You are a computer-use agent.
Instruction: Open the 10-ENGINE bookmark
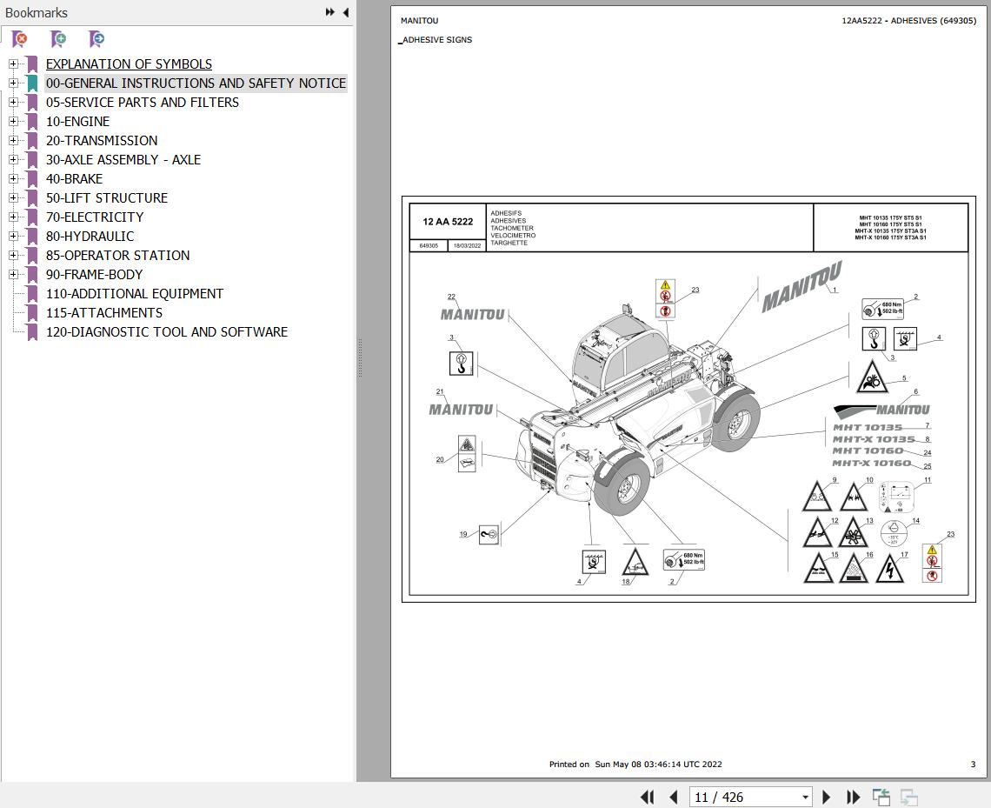pos(77,122)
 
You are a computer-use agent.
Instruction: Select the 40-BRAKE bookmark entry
pos(74,179)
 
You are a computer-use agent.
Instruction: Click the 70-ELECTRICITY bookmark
pos(95,217)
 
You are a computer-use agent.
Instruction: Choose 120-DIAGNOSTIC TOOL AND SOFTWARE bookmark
pos(166,332)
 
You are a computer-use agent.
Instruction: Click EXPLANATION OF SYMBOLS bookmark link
pos(129,64)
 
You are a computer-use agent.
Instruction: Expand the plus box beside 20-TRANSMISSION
pos(13,141)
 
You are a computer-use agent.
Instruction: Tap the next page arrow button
pos(827,797)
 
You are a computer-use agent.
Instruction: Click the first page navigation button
pos(648,797)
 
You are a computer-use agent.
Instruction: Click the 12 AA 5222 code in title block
pos(448,222)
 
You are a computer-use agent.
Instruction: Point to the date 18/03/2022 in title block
pos(467,246)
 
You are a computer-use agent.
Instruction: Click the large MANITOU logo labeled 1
pos(800,286)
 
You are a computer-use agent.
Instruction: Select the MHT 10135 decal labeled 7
pos(868,428)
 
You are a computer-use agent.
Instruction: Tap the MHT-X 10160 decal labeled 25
pos(871,464)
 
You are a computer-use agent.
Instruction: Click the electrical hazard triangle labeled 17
pos(888,570)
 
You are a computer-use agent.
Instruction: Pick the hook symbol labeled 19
pos(489,534)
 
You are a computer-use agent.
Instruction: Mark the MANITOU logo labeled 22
pos(472,315)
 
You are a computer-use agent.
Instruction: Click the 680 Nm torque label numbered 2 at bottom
pos(684,559)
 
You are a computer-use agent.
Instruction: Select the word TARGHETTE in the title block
pos(509,244)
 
